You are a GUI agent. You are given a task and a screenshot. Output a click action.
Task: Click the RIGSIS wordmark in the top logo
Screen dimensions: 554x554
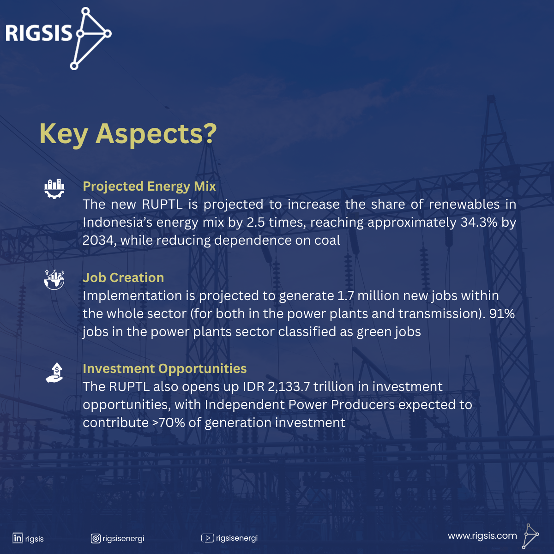(39, 33)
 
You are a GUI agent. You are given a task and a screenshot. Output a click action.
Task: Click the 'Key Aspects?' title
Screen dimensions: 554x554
(128, 134)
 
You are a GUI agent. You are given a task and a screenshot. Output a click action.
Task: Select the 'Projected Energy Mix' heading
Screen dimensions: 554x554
(149, 187)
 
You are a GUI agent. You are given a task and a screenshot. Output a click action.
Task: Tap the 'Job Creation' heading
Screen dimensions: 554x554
(123, 278)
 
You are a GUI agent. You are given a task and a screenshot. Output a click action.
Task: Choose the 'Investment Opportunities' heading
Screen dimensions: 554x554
(165, 369)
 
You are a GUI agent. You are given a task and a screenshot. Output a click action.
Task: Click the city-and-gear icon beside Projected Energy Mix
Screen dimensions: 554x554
(54, 189)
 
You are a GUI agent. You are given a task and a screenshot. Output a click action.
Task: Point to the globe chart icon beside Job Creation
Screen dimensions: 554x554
(54, 280)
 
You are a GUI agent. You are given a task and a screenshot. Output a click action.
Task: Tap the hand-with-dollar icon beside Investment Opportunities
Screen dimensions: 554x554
(54, 373)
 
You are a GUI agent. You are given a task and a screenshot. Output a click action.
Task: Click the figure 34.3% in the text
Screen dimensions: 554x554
(479, 223)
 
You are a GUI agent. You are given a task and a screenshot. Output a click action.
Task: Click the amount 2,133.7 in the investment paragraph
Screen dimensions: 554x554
(289, 387)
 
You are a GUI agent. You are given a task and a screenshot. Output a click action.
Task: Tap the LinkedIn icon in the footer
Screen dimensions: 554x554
(18, 538)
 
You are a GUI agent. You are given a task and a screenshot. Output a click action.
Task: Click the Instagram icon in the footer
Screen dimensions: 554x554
(96, 538)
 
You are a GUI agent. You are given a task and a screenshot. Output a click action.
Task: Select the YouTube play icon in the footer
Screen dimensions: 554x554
(207, 538)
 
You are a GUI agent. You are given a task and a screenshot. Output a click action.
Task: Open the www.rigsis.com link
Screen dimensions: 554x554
(482, 536)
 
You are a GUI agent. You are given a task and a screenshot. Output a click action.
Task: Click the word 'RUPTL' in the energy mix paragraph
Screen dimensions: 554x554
(163, 205)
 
